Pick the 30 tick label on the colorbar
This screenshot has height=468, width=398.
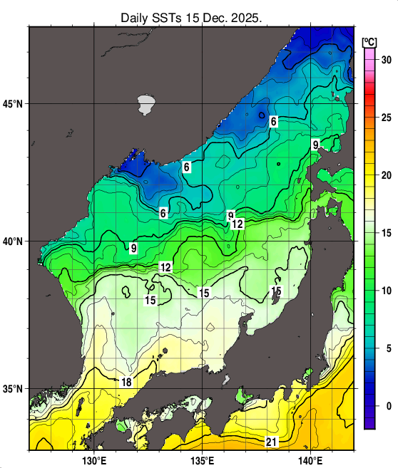[386, 60]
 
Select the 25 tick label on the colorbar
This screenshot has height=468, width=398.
[386, 118]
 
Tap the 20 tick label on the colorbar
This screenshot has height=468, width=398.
[386, 175]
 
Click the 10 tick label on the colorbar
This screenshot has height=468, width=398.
[386, 291]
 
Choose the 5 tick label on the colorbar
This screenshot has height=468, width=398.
[386, 348]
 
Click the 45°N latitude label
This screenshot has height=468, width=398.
[14, 104]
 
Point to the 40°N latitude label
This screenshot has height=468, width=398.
[14, 241]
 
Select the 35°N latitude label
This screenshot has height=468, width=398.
[14, 390]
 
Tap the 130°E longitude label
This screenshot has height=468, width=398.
[95, 459]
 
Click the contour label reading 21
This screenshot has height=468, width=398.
[271, 442]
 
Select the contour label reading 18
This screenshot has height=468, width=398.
[126, 383]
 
